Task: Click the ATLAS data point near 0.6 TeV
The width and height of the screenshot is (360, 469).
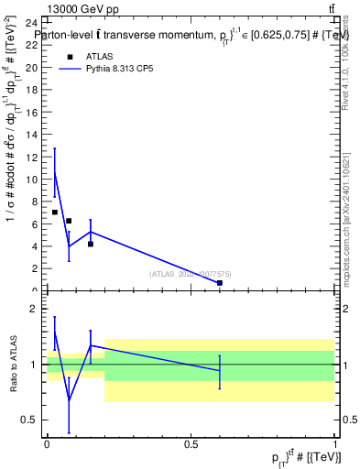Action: coord(220,283)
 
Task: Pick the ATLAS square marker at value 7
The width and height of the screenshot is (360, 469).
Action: coord(55,213)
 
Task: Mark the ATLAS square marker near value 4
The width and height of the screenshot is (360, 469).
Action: coord(91,244)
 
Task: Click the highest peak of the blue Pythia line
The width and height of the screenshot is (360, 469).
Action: coord(55,172)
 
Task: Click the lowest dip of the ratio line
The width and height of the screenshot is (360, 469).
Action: coord(70,400)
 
